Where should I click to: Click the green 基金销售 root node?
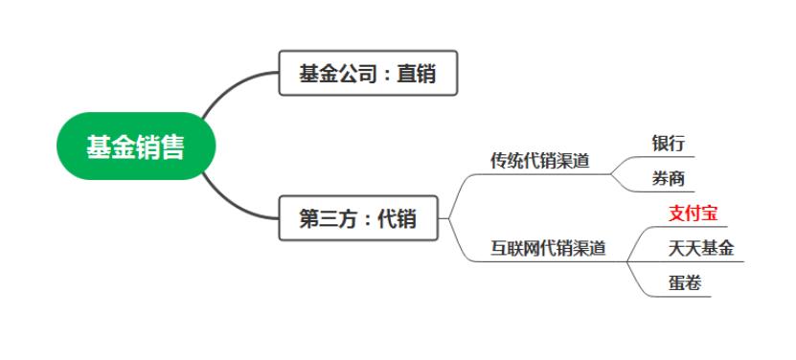click(x=135, y=147)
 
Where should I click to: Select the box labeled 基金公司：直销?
click(x=368, y=73)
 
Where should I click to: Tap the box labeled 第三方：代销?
click(x=358, y=218)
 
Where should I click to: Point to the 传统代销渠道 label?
click(x=540, y=161)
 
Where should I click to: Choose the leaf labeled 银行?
click(x=669, y=144)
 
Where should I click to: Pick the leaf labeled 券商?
click(x=669, y=178)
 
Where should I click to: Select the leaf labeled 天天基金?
click(x=701, y=248)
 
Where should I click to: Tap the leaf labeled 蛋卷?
click(x=685, y=282)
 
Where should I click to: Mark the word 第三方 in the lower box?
click(x=323, y=218)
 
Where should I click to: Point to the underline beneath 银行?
click(x=661, y=157)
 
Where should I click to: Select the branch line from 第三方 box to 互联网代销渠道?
click(x=458, y=244)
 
